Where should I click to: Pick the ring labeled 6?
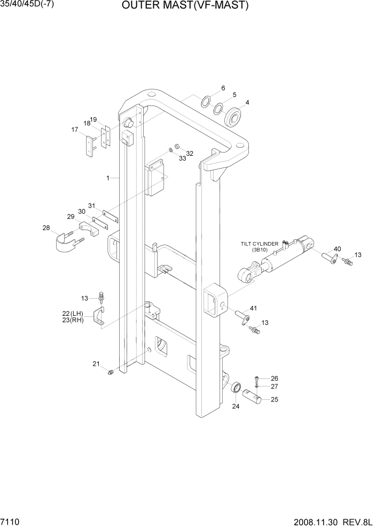(x=205, y=102)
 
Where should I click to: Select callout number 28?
(x=46, y=229)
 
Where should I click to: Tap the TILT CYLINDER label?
(x=259, y=244)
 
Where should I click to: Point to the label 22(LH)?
(x=73, y=314)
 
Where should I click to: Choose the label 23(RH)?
(x=73, y=321)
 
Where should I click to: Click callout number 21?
(x=96, y=364)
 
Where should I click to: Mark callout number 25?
(x=275, y=399)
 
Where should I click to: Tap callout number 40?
(x=337, y=249)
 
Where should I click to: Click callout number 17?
(x=75, y=129)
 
